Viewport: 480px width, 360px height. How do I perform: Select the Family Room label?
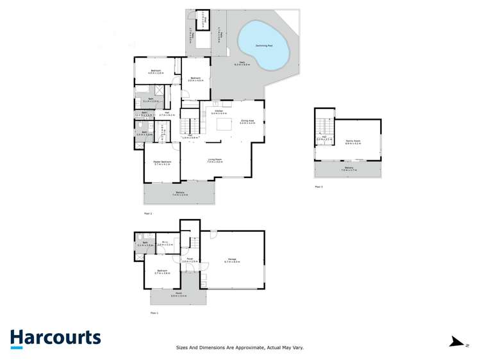tap(352, 141)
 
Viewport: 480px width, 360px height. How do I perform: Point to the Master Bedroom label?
tap(161, 161)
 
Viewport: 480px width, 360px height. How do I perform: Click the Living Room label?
tap(215, 160)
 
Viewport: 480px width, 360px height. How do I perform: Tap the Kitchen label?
tap(219, 111)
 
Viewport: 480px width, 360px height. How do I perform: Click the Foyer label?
tap(190, 259)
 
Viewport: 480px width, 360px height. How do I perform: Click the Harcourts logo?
tap(55, 338)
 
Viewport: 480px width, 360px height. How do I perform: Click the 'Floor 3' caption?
tap(319, 186)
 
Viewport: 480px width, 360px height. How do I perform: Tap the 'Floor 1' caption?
tap(154, 313)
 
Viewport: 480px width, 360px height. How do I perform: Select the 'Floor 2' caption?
tap(147, 212)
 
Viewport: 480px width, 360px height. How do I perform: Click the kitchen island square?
tap(225, 126)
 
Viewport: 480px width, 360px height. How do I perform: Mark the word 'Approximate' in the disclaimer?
tap(245, 347)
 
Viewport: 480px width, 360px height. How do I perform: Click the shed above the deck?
tap(203, 19)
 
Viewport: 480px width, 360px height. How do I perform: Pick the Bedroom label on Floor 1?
tap(162, 271)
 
